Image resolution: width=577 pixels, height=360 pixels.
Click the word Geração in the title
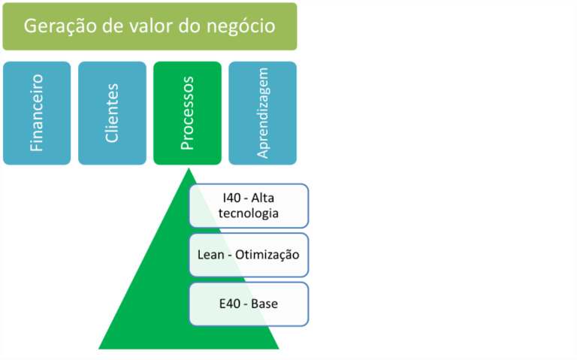point(56,26)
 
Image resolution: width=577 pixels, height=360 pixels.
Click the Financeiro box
point(37,113)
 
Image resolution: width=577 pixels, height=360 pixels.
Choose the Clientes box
point(112,113)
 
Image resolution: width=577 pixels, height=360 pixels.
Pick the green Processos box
point(187,113)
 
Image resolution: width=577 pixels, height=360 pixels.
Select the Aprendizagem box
point(262,113)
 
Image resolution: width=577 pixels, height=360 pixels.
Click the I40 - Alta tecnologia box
point(249,205)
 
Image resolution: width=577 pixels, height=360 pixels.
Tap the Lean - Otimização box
point(249,255)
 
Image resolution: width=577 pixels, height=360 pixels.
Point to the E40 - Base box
point(249,304)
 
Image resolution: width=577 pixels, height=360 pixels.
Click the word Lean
point(211,255)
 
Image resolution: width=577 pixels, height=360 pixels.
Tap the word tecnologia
point(249,213)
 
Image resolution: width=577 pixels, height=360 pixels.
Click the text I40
point(232,198)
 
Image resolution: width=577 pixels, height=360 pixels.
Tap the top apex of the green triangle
point(189,170)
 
